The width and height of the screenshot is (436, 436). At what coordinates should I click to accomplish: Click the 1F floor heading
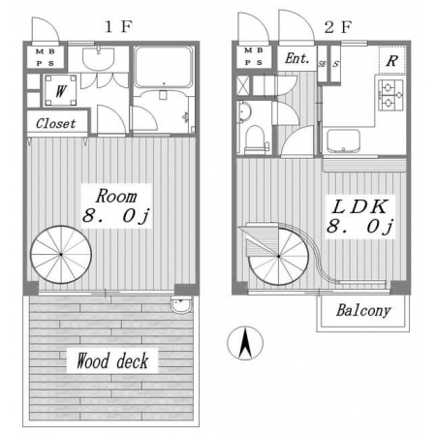click(119, 26)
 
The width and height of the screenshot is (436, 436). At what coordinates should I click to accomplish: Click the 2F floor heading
click(338, 27)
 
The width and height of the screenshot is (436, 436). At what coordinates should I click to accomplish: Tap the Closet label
click(55, 123)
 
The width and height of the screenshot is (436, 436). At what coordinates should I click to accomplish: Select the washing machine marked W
click(61, 90)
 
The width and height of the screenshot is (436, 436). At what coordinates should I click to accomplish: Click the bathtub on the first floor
click(164, 67)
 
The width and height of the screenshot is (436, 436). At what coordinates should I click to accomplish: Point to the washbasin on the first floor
click(98, 58)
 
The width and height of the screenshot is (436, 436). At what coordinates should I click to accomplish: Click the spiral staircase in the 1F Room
click(61, 255)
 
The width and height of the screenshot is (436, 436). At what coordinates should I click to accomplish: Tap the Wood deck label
click(112, 360)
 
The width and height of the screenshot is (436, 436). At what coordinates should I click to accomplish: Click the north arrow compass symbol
click(245, 343)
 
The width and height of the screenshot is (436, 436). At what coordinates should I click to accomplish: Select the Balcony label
click(363, 311)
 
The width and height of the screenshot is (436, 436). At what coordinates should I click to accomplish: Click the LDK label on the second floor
click(359, 206)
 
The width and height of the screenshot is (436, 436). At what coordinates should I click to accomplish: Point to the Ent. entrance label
click(296, 59)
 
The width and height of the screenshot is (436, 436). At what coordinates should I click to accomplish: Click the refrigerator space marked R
click(392, 60)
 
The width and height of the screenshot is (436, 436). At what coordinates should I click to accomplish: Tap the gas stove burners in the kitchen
click(391, 95)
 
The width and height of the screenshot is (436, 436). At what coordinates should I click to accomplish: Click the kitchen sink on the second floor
click(343, 141)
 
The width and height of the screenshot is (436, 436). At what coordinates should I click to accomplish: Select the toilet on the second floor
click(256, 140)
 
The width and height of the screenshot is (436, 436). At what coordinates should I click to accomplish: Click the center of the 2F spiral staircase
click(278, 257)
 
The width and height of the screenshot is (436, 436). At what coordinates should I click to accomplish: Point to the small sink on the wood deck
click(181, 305)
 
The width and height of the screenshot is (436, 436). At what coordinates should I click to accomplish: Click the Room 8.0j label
click(116, 206)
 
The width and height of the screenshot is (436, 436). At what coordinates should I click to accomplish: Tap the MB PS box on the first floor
click(46, 57)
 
